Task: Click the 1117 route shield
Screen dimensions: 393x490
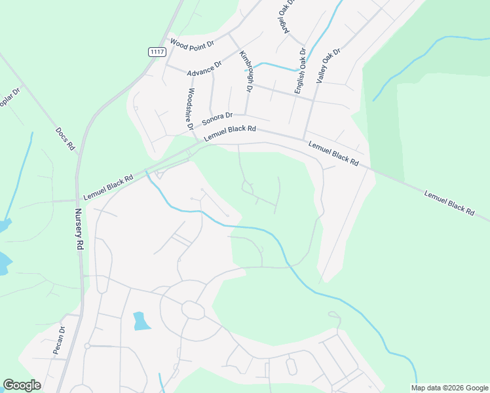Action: coord(156,52)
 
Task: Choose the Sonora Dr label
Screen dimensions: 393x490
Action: coord(217,119)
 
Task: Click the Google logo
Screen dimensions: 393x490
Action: coord(22,385)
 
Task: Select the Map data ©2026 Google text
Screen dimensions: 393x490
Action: coord(449,388)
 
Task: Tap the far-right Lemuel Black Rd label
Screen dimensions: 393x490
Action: coord(449,202)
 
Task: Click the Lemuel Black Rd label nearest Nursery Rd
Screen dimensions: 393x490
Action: coord(108,187)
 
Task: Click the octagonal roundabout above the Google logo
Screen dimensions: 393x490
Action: coord(193,309)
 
